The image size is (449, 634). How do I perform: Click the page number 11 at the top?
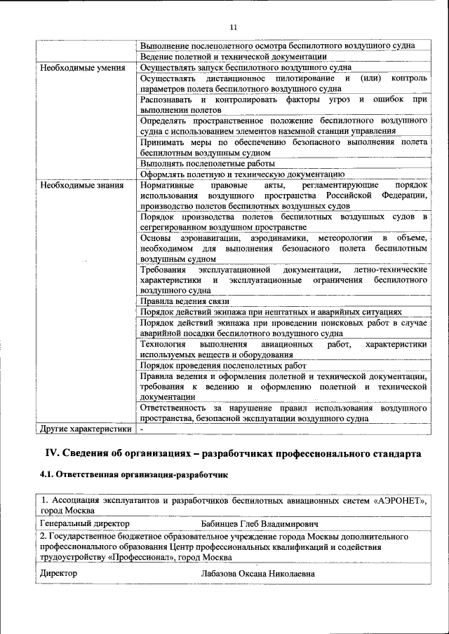(x=233, y=27)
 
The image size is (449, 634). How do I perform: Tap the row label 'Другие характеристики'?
(x=86, y=429)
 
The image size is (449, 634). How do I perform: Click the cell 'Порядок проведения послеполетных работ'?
(x=223, y=366)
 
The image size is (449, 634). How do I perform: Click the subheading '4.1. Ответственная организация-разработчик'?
(x=134, y=475)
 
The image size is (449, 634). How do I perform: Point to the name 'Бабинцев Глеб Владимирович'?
(x=259, y=523)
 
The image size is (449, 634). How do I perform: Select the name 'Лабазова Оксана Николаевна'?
(x=257, y=574)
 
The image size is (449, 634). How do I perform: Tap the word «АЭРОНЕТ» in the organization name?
(x=398, y=501)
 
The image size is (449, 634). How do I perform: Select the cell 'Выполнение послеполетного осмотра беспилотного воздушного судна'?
(x=277, y=46)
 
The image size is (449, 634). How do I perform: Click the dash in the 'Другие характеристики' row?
(x=142, y=429)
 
